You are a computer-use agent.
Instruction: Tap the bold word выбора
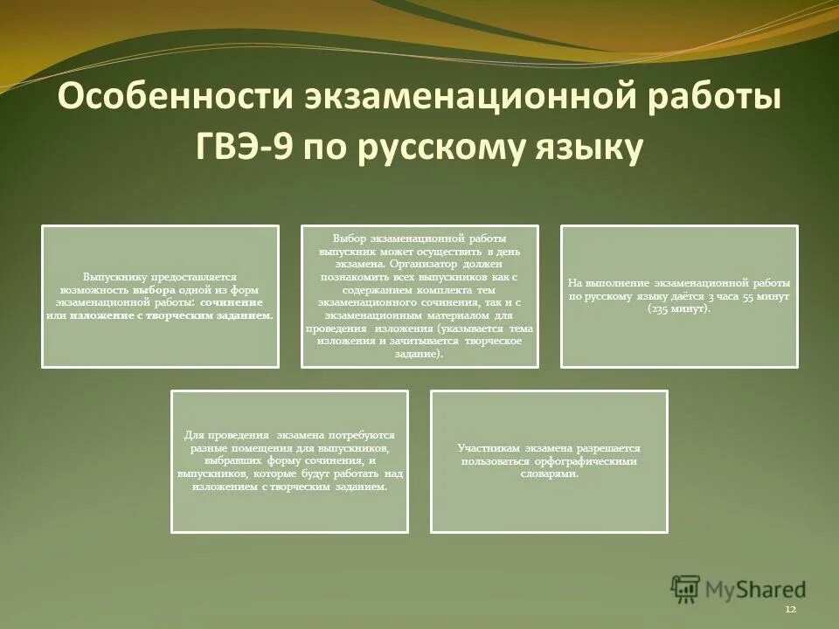154,289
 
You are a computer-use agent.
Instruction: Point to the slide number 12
790,608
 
